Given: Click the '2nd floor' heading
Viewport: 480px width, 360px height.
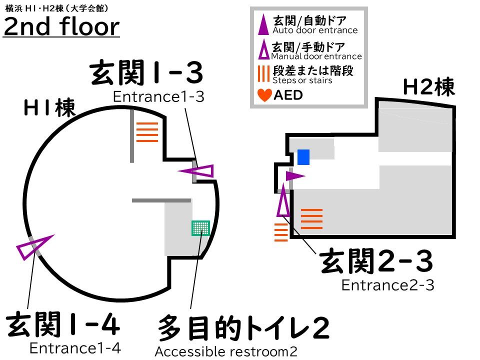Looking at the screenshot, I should coord(61,26).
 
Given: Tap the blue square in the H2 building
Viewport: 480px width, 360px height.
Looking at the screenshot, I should coord(303,157).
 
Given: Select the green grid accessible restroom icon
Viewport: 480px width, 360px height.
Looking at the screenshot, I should coord(200,228).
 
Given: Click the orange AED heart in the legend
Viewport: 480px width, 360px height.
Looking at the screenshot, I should coord(264,94).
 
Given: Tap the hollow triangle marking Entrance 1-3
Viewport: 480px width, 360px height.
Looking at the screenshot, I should coord(198,171).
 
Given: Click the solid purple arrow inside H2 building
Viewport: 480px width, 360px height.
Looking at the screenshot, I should coord(294,176).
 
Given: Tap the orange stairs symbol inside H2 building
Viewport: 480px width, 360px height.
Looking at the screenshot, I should coord(311,218).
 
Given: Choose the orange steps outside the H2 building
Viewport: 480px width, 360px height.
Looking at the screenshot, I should coord(281,232).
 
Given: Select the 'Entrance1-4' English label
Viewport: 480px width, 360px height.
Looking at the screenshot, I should coord(75,347).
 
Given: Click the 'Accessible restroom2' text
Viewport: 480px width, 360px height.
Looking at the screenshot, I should coord(226,352).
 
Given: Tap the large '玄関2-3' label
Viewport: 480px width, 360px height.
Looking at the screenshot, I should coord(376,262).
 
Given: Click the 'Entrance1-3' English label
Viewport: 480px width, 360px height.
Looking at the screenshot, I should coord(158,96).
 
